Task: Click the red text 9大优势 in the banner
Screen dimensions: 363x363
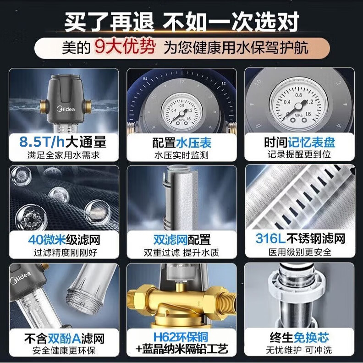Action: (x=124, y=48)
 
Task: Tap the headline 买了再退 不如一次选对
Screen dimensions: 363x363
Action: (x=181, y=21)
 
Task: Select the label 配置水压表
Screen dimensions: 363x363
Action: (x=181, y=142)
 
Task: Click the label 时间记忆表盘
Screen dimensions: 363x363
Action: (x=300, y=142)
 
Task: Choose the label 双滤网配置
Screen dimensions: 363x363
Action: (x=181, y=240)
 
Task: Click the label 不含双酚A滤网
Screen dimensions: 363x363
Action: (x=64, y=339)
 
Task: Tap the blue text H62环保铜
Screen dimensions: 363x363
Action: (x=181, y=339)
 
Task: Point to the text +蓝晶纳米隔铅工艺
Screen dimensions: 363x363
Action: (x=181, y=351)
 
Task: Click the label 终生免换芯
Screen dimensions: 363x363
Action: (x=300, y=339)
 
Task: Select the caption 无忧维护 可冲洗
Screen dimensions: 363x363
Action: (x=300, y=351)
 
